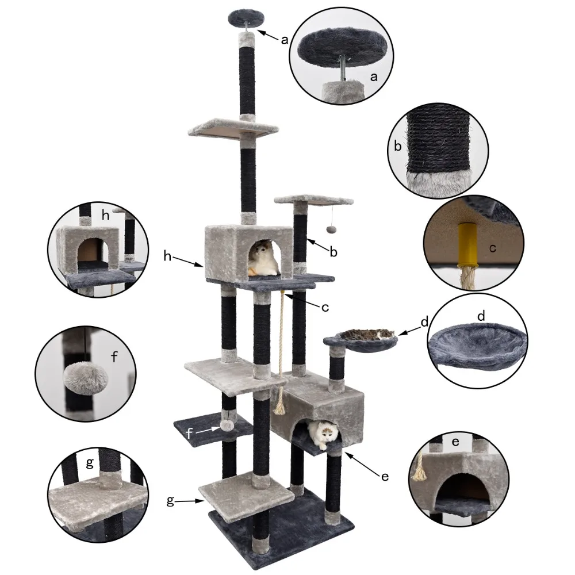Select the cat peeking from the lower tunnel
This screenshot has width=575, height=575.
click(323, 434)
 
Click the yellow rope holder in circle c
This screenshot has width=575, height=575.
click(467, 246)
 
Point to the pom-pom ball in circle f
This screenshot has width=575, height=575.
click(86, 380)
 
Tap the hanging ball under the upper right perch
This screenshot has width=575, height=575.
click(330, 228)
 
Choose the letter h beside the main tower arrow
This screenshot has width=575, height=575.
click(167, 256)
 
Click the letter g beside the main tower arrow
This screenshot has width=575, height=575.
click(170, 501)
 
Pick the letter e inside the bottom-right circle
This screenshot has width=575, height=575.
click(455, 442)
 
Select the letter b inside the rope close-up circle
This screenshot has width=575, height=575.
click(398, 146)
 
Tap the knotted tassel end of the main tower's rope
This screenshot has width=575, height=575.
click(279, 408)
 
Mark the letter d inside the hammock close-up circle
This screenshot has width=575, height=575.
click(481, 316)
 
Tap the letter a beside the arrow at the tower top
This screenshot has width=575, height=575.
click(285, 40)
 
